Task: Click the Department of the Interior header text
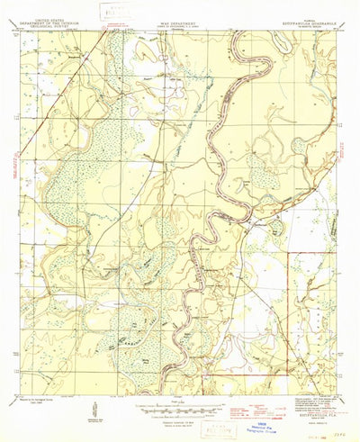pos(56,16)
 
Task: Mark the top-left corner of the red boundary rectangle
pos(287,253)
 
